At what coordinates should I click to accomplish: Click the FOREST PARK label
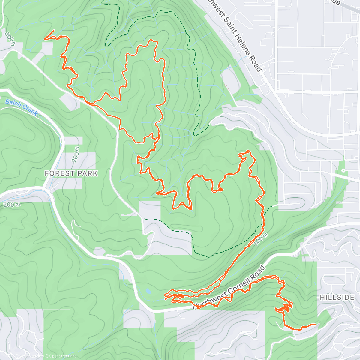pyautogui.click(x=71, y=173)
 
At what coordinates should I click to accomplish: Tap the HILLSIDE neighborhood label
pyautogui.click(x=337, y=297)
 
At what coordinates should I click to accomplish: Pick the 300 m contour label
pyautogui.click(x=10, y=38)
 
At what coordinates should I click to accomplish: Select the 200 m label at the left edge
pyautogui.click(x=12, y=205)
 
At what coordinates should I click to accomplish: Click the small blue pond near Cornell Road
pyautogui.click(x=148, y=291)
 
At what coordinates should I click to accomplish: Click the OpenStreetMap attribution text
pyautogui.click(x=63, y=356)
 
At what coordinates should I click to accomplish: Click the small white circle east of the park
pyautogui.click(x=343, y=170)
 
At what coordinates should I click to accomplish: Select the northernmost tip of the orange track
pyautogui.click(x=152, y=40)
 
